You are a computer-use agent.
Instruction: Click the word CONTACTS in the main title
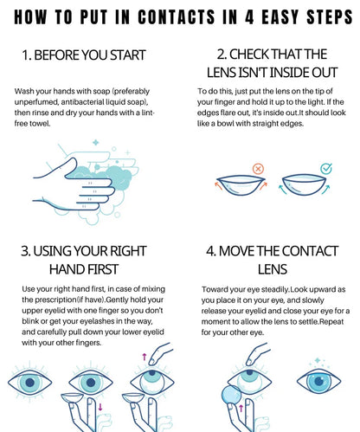177,16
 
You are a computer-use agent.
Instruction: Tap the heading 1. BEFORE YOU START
84,55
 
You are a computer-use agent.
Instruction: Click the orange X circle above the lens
258,169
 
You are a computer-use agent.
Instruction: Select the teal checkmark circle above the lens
326,169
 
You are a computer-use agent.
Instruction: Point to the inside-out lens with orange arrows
241,185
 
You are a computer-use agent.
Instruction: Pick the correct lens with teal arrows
304,185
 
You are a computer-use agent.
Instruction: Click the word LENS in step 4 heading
272,269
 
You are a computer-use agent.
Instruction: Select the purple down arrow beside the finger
100,407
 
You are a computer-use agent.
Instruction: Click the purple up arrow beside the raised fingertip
145,356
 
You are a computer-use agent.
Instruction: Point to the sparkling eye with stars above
318,381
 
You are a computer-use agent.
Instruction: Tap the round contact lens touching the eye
231,396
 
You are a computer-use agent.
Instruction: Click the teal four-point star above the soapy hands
96,142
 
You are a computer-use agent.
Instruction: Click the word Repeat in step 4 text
331,321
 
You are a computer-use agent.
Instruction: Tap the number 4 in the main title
249,16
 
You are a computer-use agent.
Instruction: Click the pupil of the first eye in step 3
30,383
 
